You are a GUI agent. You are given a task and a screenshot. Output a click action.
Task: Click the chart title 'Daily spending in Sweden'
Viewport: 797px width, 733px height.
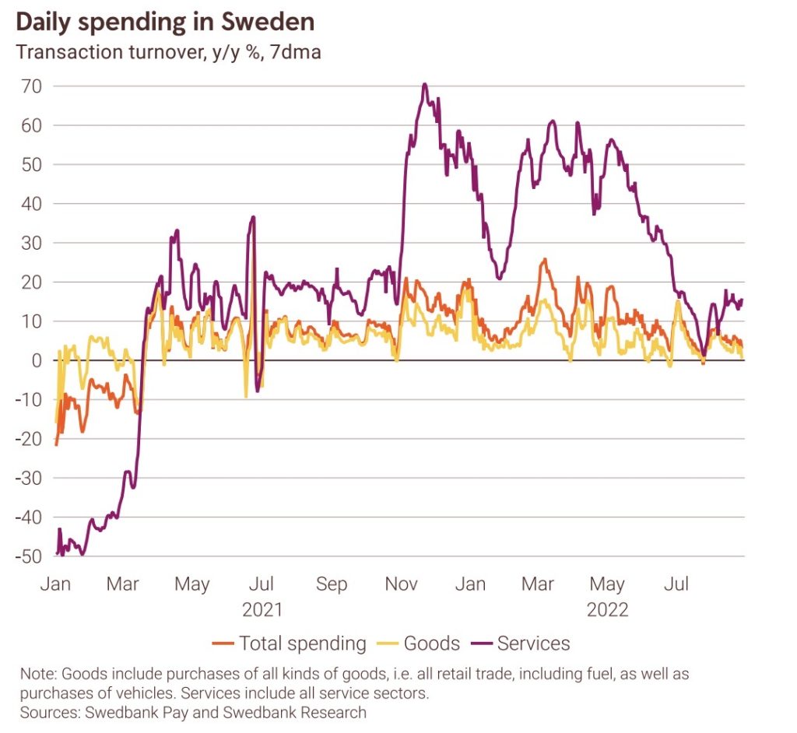coord(165,22)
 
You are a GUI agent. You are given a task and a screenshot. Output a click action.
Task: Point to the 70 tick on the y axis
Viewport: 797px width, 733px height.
coord(32,86)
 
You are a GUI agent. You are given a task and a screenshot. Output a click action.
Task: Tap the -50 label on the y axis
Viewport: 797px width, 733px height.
coord(28,556)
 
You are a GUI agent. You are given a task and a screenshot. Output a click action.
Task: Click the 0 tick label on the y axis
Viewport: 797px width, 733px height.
coord(36,360)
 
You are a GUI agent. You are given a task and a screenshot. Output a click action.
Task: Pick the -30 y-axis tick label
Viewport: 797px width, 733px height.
coord(28,478)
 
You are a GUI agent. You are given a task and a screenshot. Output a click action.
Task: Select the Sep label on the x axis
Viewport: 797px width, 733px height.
coord(332,584)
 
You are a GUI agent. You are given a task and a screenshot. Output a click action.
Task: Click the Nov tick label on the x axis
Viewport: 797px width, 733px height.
coord(401,584)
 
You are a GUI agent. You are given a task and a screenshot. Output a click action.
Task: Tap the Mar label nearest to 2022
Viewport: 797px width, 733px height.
coord(538,584)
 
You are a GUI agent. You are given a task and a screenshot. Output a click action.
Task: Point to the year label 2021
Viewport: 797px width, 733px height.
coord(262,609)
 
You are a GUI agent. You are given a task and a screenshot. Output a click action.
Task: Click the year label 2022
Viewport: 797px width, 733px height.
coord(607,609)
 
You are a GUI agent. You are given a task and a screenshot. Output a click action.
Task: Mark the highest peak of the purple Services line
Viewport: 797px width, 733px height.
coord(424,84)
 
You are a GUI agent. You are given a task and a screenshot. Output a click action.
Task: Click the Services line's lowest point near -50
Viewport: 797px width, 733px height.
coord(82,554)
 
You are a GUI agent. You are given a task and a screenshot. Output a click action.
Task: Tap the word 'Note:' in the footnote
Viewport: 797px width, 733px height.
coord(39,672)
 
